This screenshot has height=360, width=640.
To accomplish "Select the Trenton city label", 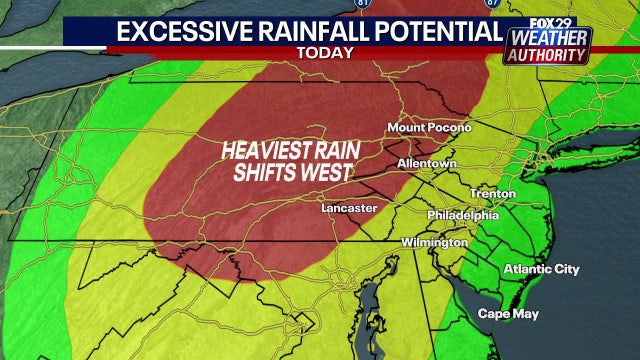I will [x=495, y=193].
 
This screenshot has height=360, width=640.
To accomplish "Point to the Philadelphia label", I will [x=462, y=215].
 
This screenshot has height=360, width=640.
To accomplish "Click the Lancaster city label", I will [x=349, y=208].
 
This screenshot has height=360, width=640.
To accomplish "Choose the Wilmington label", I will [x=435, y=243].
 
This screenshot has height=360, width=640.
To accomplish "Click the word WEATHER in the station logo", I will [x=550, y=39].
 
